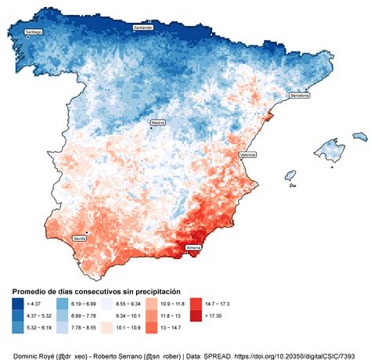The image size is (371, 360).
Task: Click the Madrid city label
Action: pyautogui.click(x=159, y=123)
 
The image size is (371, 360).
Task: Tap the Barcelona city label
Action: pyautogui.click(x=300, y=95)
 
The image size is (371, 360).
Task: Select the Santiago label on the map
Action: pyautogui.click(x=34, y=32)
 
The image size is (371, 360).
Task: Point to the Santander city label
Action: pyautogui.click(x=143, y=27)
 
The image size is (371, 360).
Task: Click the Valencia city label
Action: pyautogui.click(x=248, y=155)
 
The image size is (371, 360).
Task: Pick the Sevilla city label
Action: pyautogui.click(x=80, y=237)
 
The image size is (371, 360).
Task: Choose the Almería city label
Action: pyautogui.click(x=194, y=247)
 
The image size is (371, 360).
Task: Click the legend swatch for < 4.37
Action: pyautogui.click(x=17, y=302)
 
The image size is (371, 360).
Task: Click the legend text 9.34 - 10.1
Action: pyautogui.click(x=128, y=315)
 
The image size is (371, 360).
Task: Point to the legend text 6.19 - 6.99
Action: pyautogui.click(x=82, y=302)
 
